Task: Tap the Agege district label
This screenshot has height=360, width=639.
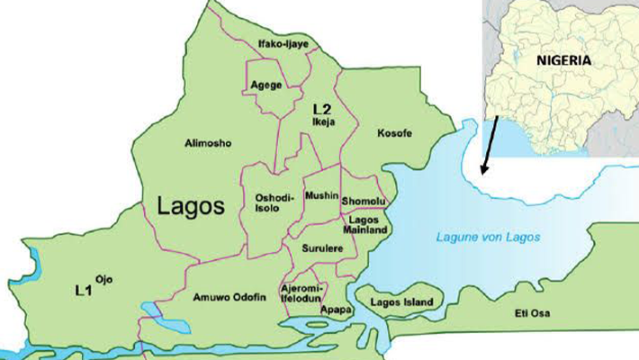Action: click(x=268, y=85)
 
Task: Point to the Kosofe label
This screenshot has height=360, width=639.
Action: click(x=394, y=133)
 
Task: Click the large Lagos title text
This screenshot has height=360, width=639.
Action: click(x=189, y=205)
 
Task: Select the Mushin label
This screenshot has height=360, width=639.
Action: click(x=321, y=194)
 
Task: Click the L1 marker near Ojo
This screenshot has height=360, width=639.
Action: click(x=84, y=291)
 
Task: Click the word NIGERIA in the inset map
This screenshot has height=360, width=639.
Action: click(x=564, y=60)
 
